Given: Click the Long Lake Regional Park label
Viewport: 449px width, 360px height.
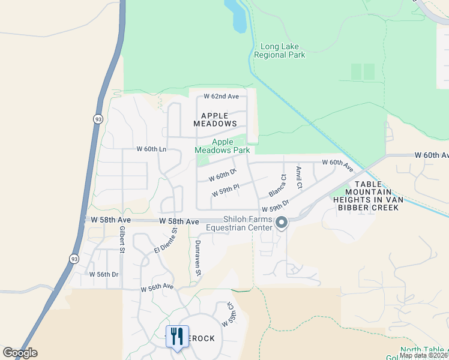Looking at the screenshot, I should point(279,51).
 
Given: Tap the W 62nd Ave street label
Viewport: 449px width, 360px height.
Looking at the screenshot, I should point(221,96).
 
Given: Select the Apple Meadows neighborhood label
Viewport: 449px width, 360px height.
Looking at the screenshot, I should point(215,119).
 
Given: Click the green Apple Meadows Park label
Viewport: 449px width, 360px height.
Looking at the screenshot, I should point(222,146).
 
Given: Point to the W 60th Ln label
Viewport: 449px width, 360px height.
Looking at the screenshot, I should point(151,149).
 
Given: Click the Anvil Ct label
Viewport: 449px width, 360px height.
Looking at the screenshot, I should point(299,175).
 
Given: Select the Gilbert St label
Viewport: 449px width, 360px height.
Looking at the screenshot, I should point(122,240).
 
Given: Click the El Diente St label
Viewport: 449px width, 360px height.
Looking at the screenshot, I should point(166,241).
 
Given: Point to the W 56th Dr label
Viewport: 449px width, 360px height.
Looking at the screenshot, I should point(103,274).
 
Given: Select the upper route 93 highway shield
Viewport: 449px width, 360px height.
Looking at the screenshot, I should point(98,119).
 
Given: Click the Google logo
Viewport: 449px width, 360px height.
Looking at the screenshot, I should point(20,353).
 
